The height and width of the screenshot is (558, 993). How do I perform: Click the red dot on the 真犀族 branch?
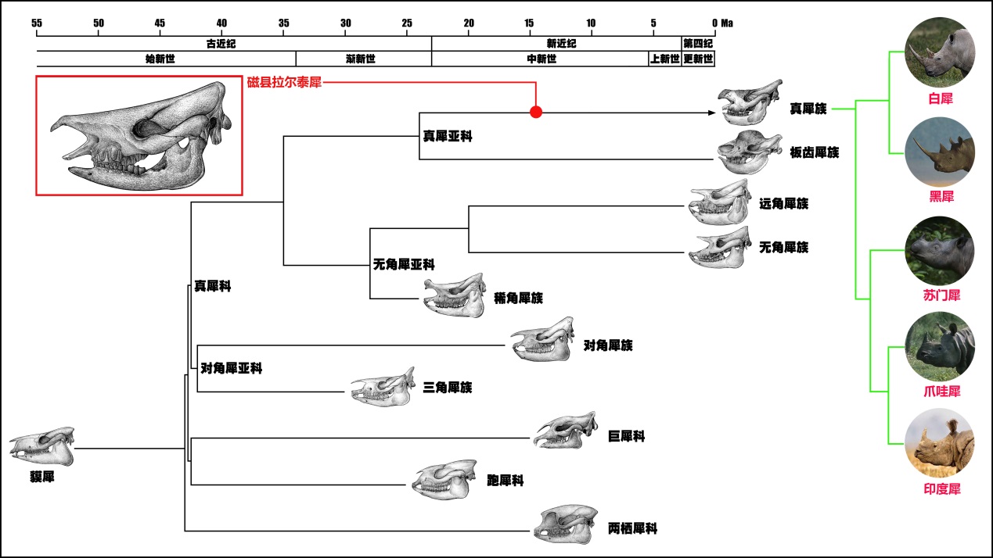(x=536, y=112)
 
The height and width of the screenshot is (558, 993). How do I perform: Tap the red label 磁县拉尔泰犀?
(x=285, y=82)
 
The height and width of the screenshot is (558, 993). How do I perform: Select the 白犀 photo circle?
(x=939, y=52)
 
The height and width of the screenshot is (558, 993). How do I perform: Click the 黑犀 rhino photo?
(x=939, y=150)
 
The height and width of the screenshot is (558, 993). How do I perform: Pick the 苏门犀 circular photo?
(x=939, y=250)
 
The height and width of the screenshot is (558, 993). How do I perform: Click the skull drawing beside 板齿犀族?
(x=750, y=152)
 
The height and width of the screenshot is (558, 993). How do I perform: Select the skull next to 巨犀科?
(x=566, y=431)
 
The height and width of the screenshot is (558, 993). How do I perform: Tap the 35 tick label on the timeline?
(x=283, y=23)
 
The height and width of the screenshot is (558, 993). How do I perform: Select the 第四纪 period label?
(x=698, y=44)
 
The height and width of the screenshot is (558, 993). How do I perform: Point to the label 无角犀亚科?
(x=404, y=265)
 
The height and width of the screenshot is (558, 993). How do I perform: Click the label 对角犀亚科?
(x=232, y=368)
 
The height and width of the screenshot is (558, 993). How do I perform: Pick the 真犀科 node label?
(x=213, y=286)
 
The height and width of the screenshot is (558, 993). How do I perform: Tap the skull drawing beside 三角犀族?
(x=383, y=387)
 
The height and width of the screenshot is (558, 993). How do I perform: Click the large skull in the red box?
(x=139, y=134)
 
